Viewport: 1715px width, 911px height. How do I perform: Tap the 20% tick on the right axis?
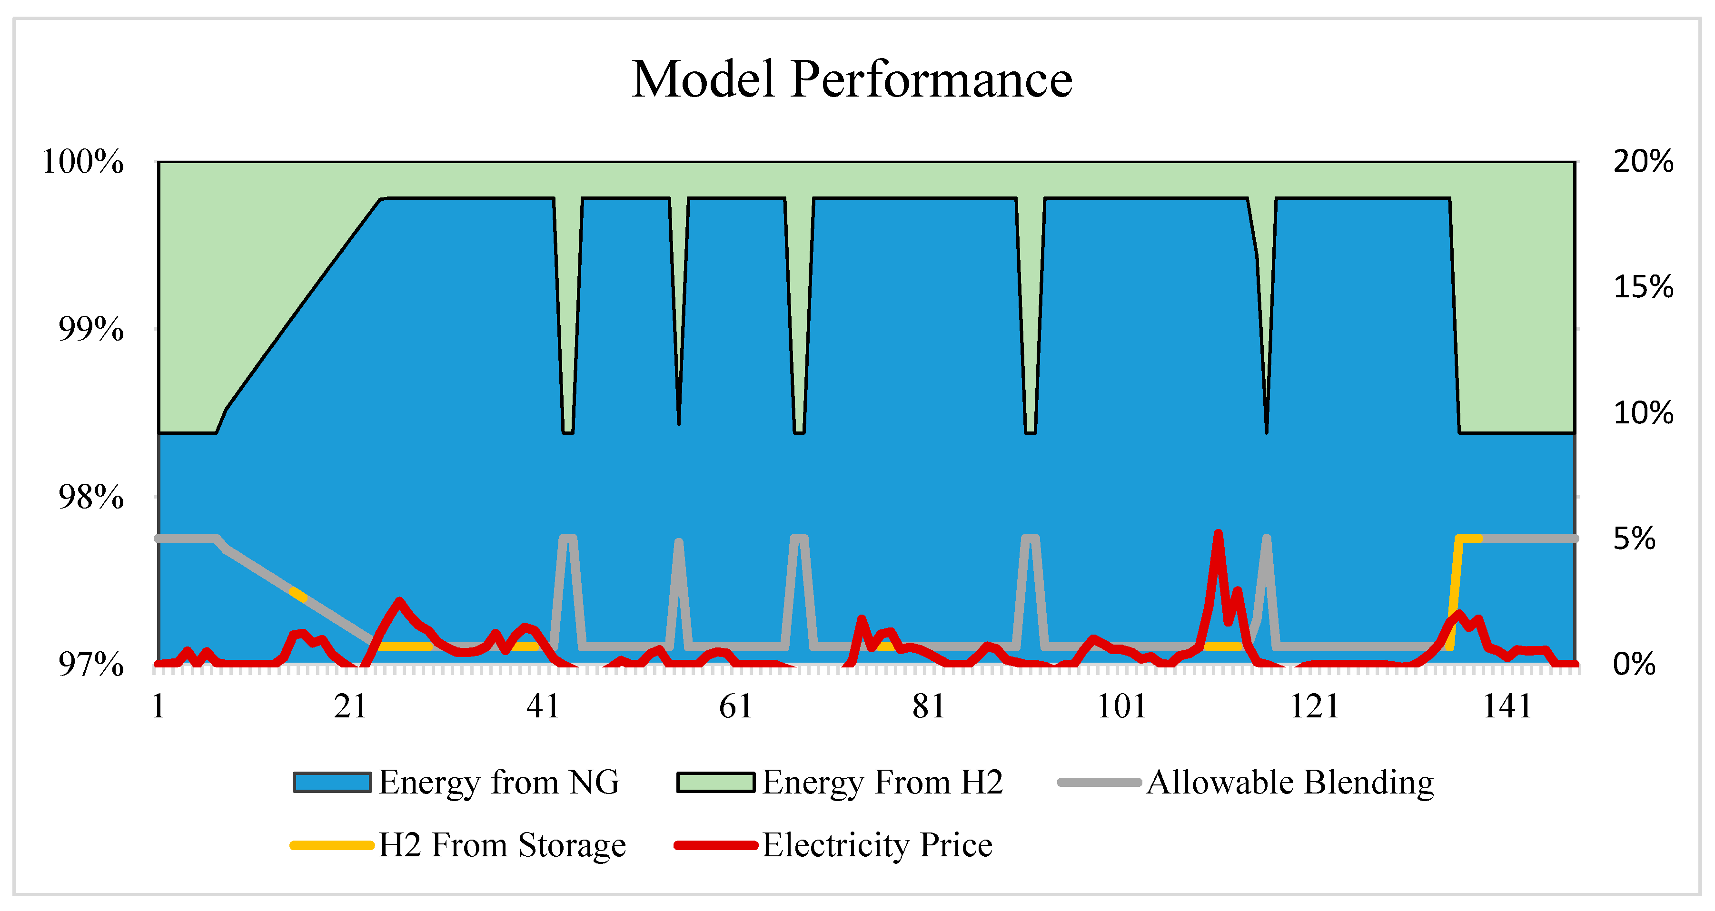click(1643, 161)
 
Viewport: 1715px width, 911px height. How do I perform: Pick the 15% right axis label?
click(1643, 287)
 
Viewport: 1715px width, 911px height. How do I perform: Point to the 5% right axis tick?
click(1634, 539)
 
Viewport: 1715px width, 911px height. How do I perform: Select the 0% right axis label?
click(1634, 664)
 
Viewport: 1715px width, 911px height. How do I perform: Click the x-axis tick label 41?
click(543, 706)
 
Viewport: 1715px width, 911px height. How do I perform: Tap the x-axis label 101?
click(1121, 706)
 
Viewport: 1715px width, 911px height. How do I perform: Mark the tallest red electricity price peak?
click(1218, 534)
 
